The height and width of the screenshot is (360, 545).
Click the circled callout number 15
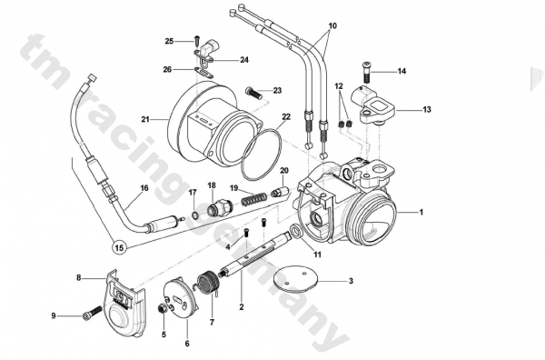[x=119, y=247]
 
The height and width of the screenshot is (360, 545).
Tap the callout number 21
[x=145, y=119]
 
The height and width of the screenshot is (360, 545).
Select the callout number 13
[x=427, y=110]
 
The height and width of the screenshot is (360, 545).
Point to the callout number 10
[x=332, y=25]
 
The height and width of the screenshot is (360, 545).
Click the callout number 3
[x=351, y=281]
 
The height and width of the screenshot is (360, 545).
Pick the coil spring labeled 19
[x=254, y=199]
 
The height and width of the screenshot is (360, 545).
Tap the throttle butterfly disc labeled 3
[x=295, y=280]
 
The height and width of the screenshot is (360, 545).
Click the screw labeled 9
[x=92, y=313]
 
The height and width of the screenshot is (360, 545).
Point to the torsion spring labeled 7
[x=207, y=283]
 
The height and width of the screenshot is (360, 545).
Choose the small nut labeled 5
[x=162, y=308]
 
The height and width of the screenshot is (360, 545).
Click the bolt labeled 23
[x=253, y=93]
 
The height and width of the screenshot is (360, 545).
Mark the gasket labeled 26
[x=205, y=73]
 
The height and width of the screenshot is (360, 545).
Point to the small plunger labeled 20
[x=280, y=192]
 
